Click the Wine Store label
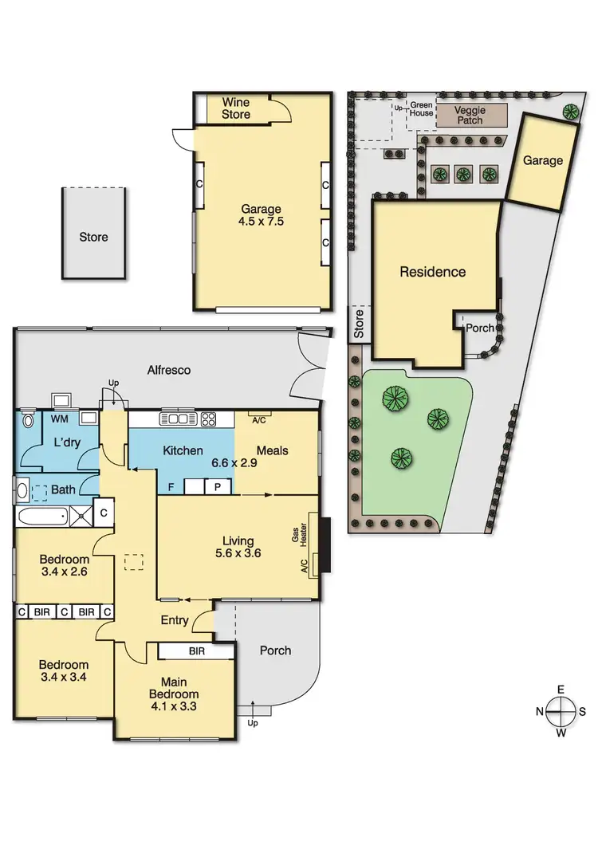coord(235,108)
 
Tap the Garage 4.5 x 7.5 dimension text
coord(262,216)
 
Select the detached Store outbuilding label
coord(93,237)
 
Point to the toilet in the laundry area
coord(30,419)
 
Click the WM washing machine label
coord(59,418)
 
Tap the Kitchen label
coord(183,450)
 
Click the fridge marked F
coord(170,486)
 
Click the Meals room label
coord(272,450)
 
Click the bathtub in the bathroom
coord(42,516)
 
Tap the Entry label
coord(175,620)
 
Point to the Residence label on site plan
coord(432,272)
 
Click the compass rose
coord(562,711)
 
